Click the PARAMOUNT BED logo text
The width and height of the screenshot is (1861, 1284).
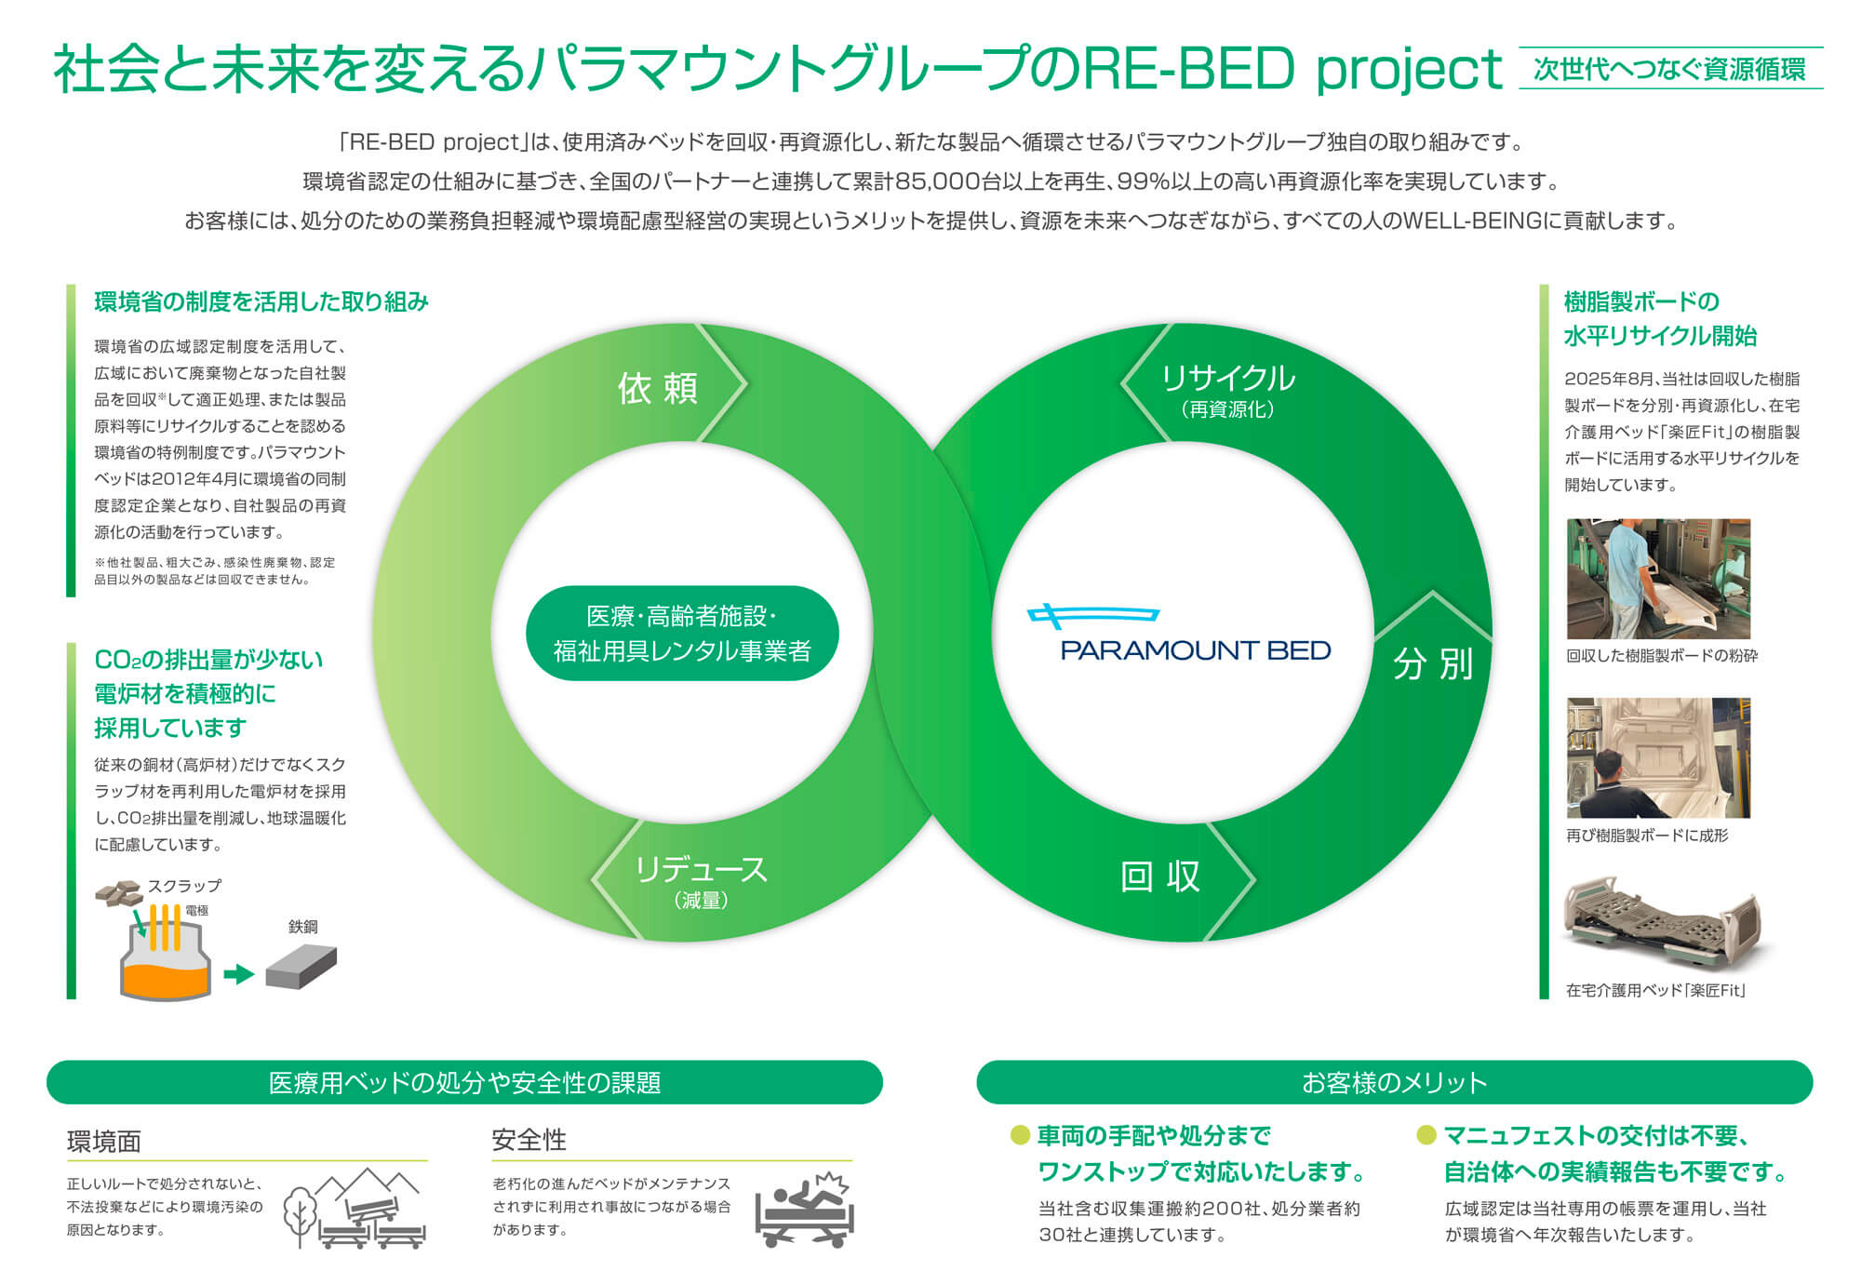click(x=1196, y=649)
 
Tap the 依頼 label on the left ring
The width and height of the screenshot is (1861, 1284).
click(x=658, y=388)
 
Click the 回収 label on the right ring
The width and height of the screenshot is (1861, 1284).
click(x=1159, y=876)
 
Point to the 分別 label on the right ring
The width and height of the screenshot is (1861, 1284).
click(x=1433, y=664)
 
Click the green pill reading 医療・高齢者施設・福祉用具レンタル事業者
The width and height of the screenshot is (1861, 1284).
click(x=682, y=633)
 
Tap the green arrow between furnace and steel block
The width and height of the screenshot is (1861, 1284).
click(x=239, y=974)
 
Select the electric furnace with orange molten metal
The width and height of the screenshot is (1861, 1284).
click(x=166, y=958)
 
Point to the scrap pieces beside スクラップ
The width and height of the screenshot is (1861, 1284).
click(x=119, y=892)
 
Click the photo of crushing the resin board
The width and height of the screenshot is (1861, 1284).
click(x=1658, y=579)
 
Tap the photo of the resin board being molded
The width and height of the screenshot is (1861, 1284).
click(x=1658, y=758)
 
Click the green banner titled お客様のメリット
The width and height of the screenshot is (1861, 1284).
click(x=1394, y=1082)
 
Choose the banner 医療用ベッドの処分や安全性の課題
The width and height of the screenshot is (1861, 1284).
click(x=464, y=1082)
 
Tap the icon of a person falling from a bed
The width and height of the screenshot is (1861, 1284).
click(x=805, y=1210)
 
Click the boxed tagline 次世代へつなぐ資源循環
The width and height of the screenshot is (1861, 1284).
click(x=1670, y=69)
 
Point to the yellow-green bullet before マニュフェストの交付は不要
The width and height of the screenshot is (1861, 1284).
click(x=1426, y=1135)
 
